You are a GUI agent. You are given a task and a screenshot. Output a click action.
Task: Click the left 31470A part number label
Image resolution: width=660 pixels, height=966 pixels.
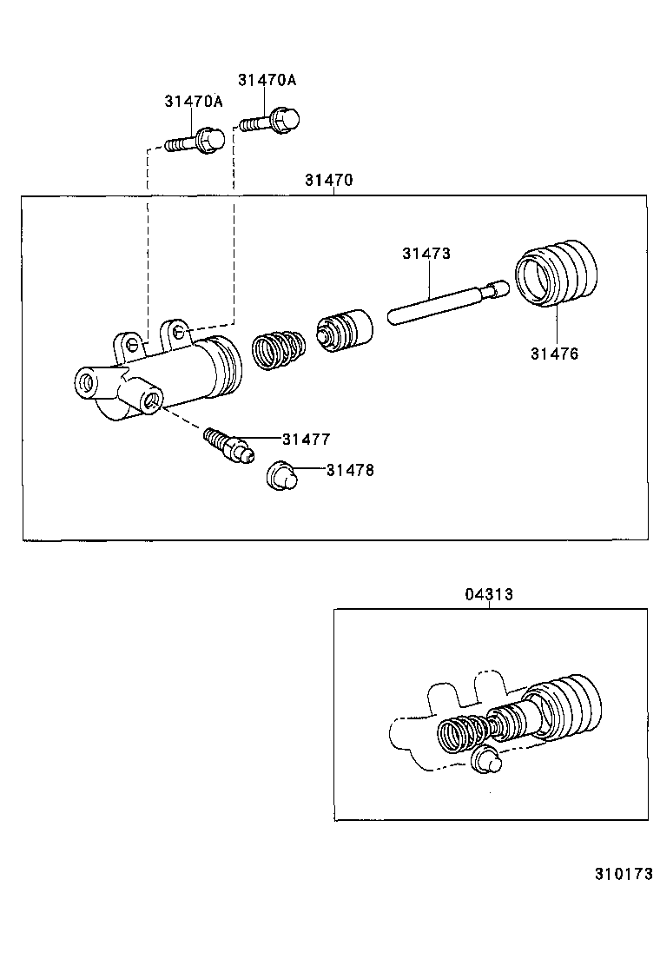193,102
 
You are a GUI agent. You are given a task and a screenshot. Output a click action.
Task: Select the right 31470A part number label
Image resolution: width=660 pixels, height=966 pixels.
267,80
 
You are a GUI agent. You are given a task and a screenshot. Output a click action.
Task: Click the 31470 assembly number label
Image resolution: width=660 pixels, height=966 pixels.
328,181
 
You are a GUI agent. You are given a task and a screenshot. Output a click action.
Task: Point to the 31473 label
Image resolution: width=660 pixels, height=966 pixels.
426,254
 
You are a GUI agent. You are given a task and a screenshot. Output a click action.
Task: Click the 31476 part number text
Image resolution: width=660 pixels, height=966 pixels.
554,354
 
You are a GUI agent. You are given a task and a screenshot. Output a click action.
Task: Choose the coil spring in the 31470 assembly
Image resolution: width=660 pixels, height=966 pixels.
279,349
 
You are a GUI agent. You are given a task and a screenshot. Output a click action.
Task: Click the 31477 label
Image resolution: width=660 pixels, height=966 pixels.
306,440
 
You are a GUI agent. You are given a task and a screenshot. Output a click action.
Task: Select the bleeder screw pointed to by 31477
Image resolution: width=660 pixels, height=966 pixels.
227,443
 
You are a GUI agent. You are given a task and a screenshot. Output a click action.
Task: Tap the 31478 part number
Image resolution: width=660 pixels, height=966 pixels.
350,470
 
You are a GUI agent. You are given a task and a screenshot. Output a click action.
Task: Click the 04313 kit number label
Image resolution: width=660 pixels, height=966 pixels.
488,594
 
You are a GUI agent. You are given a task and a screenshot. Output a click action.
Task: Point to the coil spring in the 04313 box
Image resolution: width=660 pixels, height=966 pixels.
461,734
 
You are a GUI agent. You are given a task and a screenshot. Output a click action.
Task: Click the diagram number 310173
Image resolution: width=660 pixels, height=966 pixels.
623,874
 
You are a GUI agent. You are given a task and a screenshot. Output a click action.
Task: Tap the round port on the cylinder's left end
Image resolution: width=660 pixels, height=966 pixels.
87,382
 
